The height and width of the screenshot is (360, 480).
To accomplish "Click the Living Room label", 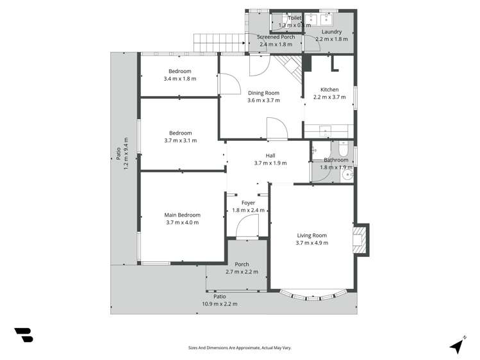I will [x=311, y=235].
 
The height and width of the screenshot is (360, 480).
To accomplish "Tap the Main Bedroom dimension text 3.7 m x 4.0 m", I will [x=182, y=223].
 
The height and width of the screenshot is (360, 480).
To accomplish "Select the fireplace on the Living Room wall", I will [x=360, y=238].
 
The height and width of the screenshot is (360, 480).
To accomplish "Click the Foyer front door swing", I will [x=245, y=225].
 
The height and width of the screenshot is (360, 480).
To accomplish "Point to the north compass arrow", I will [x=457, y=345].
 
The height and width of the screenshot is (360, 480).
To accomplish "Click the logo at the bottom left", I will [x=24, y=335].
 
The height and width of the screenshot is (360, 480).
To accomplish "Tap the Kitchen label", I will [x=329, y=90].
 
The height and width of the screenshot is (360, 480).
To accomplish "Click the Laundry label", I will [x=331, y=31].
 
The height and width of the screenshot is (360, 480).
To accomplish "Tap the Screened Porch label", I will [x=276, y=37].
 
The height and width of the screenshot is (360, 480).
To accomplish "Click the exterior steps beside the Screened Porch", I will [x=219, y=43].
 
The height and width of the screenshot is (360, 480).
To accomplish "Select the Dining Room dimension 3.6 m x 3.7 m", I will [x=263, y=101].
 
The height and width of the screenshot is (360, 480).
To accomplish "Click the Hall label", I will [x=270, y=155].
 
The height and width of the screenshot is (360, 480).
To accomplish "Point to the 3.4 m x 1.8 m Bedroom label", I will [x=179, y=71].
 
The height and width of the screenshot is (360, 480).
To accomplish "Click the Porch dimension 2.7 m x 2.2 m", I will [x=242, y=272].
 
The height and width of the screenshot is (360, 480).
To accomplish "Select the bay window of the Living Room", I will [x=312, y=296].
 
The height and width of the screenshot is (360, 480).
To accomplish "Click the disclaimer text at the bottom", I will [x=240, y=348].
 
